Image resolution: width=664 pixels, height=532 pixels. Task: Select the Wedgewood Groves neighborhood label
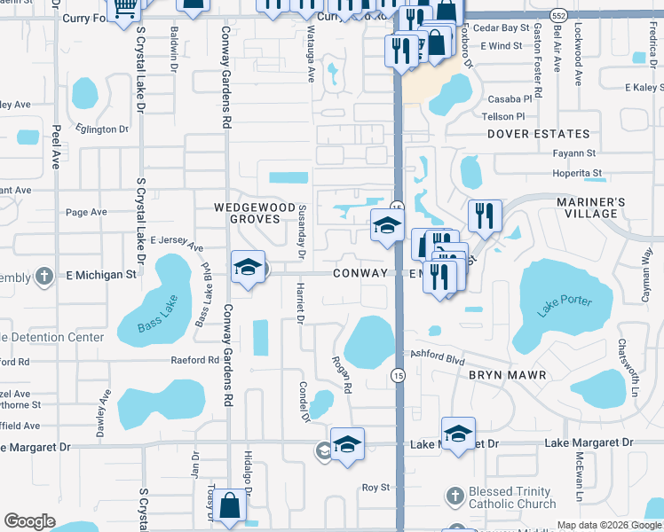click(x=255, y=213)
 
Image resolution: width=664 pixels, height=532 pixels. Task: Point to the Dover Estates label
click(x=539, y=134)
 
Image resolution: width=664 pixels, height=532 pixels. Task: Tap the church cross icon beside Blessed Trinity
click(x=455, y=495)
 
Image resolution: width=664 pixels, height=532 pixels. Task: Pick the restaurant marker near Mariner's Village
click(x=485, y=215)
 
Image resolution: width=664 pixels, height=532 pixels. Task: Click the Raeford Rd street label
click(x=195, y=361)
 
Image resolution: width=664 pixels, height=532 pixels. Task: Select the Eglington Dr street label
click(x=102, y=129)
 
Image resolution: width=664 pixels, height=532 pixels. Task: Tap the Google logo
click(x=29, y=521)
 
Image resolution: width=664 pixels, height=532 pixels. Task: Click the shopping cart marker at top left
click(x=125, y=8)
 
